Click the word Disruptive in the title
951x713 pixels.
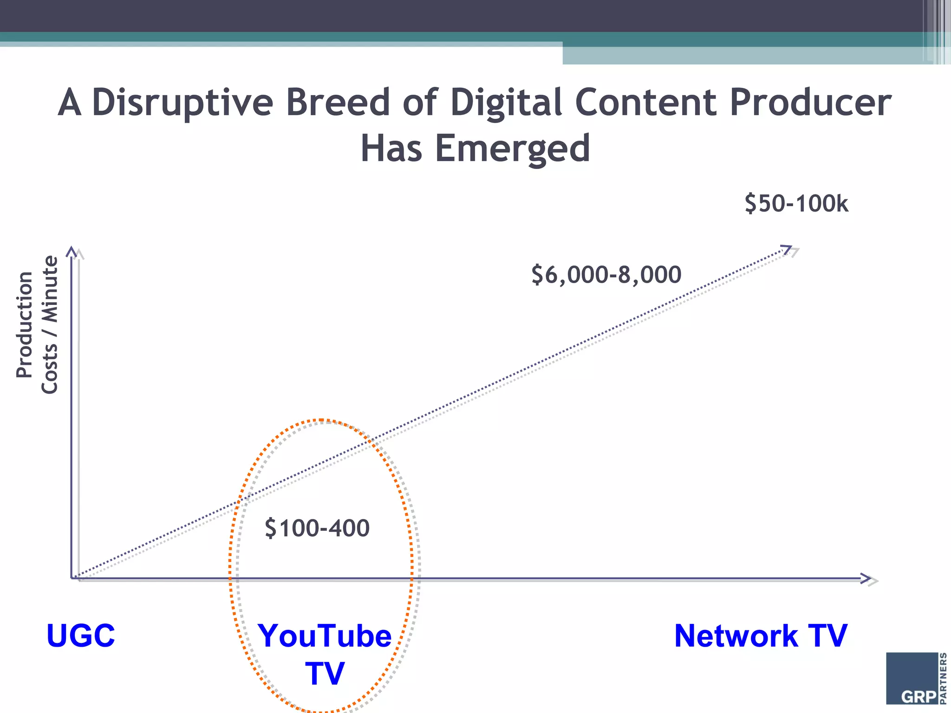click(x=182, y=103)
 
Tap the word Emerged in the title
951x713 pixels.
click(x=512, y=149)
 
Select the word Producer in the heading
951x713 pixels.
click(x=810, y=103)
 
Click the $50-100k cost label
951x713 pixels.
click(x=796, y=204)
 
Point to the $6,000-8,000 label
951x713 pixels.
click(x=606, y=274)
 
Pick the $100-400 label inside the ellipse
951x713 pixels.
click(x=317, y=528)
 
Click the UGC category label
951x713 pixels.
click(x=80, y=635)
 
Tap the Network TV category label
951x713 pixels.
click(x=760, y=635)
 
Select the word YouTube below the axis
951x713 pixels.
click(x=325, y=635)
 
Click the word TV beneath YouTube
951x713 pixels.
click(x=325, y=673)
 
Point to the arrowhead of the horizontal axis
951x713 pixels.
click(x=866, y=578)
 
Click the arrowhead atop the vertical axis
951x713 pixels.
click(x=72, y=251)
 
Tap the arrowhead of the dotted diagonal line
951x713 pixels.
click(x=786, y=249)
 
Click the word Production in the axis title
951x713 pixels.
click(x=24, y=325)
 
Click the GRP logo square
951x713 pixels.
click(x=912, y=678)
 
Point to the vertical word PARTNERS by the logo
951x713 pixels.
click(x=944, y=678)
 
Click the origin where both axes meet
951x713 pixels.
click(x=72, y=578)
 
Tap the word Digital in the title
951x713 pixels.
click(x=506, y=103)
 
